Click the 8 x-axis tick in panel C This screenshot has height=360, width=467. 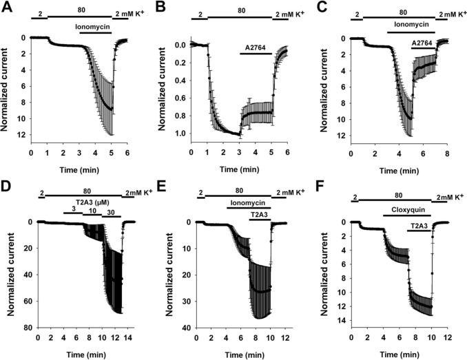(x=446, y=153)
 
